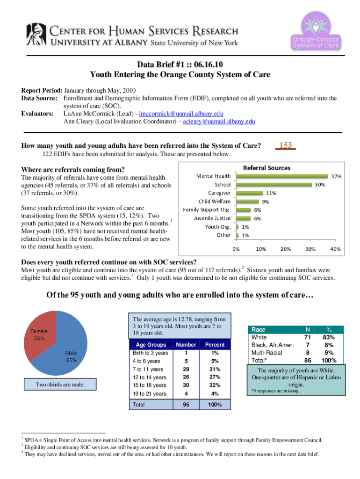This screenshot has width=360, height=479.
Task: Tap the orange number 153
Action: pyautogui.click(x=285, y=145)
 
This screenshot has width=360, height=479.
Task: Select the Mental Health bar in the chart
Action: pyautogui.click(x=282, y=176)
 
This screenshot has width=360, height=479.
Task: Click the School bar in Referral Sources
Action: pyautogui.click(x=274, y=185)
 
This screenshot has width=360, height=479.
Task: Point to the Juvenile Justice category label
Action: pyautogui.click(x=212, y=218)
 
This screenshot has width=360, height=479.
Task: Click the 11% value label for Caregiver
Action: pyautogui.click(x=272, y=193)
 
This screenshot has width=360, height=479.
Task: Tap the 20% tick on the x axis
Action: pyautogui.click(x=285, y=249)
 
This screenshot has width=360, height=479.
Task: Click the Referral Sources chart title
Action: pyautogui.click(x=267, y=167)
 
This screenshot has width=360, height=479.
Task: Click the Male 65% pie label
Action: pyautogui.click(x=71, y=356)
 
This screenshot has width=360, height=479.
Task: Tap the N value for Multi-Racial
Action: pyautogui.click(x=307, y=352)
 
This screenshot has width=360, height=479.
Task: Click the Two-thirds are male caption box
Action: pyautogui.click(x=61, y=385)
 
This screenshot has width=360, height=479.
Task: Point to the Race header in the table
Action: pyautogui.click(x=259, y=329)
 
